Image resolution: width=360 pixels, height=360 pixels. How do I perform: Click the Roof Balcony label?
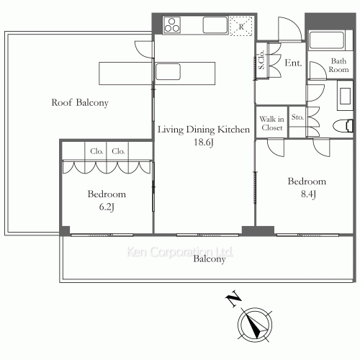pos(80,103)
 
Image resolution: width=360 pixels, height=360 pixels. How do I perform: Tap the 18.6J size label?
pos(204,142)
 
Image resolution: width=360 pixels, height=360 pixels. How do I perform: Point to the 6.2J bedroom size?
pos(107,207)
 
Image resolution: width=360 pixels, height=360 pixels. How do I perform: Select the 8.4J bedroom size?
pos(308,194)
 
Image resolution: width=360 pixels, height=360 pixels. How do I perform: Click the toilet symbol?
pos(343,126)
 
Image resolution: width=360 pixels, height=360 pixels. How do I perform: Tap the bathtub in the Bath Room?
pos(327,40)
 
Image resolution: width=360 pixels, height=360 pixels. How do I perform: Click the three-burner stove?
pos(172,25)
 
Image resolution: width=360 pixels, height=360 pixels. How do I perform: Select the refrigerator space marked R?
pos(241,27)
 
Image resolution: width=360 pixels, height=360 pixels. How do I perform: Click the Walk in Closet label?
pos(271,123)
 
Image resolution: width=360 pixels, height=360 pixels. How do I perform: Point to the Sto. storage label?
pos(297,117)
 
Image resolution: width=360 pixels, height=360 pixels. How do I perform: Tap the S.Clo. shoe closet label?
pos(261,60)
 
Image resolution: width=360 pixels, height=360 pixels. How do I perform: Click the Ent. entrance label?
pos(293,63)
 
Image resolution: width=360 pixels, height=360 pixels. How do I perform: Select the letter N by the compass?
pos(233,299)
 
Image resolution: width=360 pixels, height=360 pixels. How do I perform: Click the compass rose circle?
pos(255,325)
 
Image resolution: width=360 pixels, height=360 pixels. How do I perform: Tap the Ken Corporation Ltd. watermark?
pos(179,252)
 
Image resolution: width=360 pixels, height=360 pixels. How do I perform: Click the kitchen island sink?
pos(168,71)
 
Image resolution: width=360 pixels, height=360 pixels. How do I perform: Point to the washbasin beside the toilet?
pos(345,96)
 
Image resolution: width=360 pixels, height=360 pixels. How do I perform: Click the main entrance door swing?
pos(289,30)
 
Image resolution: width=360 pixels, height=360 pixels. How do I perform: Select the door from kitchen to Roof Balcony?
pos(144,50)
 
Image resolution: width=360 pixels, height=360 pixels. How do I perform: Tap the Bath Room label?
pos(338,66)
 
